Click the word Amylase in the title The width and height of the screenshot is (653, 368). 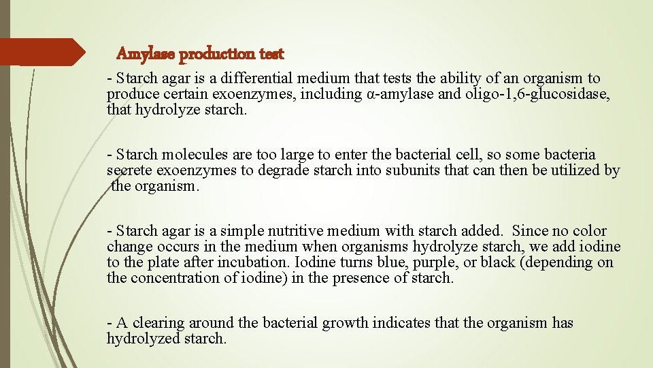click(139, 53)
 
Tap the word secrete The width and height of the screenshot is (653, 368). click(128, 170)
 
